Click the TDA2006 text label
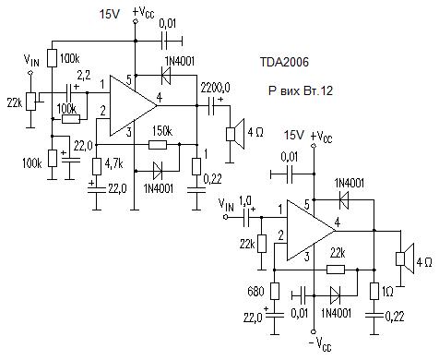(x=284, y=63)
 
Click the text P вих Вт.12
(x=301, y=90)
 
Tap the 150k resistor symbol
(x=158, y=145)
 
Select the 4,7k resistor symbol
(x=97, y=167)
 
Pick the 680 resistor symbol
(x=275, y=291)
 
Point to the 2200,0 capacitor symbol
(x=211, y=106)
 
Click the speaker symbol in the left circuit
(x=235, y=134)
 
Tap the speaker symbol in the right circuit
(x=405, y=258)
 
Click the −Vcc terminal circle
(x=314, y=331)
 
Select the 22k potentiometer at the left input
(x=30, y=102)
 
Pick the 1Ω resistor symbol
(x=374, y=291)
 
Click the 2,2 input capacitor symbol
(x=68, y=92)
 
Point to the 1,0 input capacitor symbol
(x=246, y=217)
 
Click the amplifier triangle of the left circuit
(x=133, y=105)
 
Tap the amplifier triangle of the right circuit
(x=311, y=230)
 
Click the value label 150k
(x=162, y=132)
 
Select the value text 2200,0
(x=215, y=89)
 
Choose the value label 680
(x=255, y=291)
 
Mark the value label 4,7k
(x=113, y=164)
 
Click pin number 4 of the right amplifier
(x=338, y=222)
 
